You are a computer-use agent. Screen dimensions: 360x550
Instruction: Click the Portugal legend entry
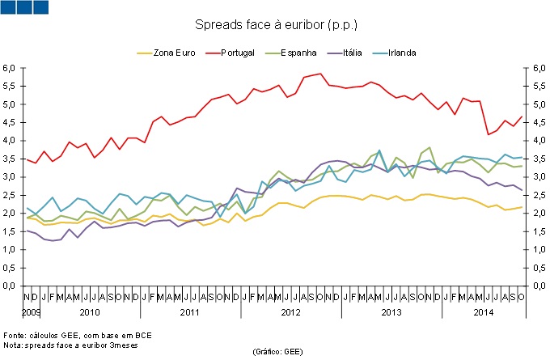click(x=237, y=53)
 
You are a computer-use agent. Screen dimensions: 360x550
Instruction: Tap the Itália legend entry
click(x=353, y=53)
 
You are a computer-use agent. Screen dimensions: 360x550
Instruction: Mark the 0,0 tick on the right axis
click(x=539, y=286)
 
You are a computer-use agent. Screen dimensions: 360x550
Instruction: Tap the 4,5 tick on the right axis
click(x=539, y=122)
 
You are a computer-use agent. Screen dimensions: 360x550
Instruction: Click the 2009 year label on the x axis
click(x=31, y=311)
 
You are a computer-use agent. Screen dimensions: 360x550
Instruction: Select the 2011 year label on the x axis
click(x=189, y=311)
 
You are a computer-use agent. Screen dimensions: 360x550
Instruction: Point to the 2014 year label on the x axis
click(x=483, y=311)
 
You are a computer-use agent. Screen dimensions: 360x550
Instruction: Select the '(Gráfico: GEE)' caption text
click(x=277, y=351)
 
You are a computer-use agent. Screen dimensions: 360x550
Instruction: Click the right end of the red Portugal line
click(x=522, y=116)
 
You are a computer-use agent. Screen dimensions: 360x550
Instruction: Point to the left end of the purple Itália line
click(x=27, y=231)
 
